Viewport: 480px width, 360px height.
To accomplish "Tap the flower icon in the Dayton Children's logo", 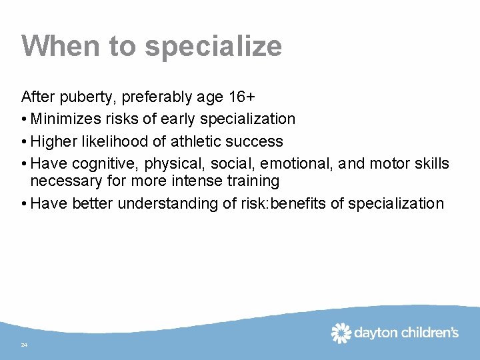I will click(341, 332).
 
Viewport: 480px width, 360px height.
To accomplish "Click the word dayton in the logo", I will click(375, 333).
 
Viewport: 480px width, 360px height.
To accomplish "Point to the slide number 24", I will click(24, 345).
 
